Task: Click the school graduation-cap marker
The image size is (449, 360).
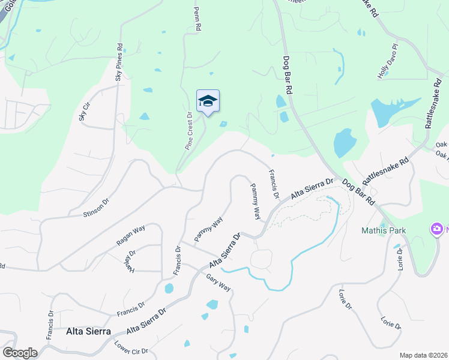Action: click(208, 101)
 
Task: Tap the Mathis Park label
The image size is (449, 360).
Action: click(384, 230)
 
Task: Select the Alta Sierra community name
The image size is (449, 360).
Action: click(88, 331)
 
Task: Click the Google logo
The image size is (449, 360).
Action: click(20, 353)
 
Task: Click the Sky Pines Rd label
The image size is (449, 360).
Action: click(119, 62)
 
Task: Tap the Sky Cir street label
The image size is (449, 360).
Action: click(84, 111)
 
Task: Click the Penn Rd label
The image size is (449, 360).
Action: click(196, 19)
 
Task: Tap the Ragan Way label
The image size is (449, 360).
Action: click(131, 234)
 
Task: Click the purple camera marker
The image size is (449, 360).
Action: click(435, 229)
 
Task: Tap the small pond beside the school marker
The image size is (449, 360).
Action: click(223, 124)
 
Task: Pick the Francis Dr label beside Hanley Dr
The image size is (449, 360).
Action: click(178, 261)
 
